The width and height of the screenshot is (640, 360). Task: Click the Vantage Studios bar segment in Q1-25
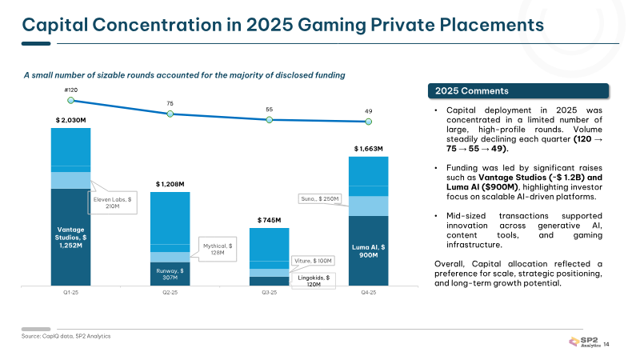click(x=70, y=237)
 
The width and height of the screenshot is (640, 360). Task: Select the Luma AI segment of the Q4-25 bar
click(x=368, y=250)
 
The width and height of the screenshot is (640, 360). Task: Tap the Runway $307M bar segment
click(x=170, y=274)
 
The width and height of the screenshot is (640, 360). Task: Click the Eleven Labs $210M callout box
click(x=112, y=203)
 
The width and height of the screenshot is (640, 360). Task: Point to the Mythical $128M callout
click(x=218, y=250)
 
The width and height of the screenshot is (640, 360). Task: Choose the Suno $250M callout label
click(x=319, y=198)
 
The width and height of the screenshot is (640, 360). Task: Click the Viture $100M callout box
click(x=313, y=261)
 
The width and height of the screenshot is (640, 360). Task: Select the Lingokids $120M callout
click(x=314, y=281)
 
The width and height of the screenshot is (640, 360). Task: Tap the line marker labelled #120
click(x=70, y=101)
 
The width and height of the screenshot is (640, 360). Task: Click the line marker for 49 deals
click(x=369, y=122)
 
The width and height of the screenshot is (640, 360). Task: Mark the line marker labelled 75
click(x=170, y=114)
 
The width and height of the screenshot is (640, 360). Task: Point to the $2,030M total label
click(x=70, y=121)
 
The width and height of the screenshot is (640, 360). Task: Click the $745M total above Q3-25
click(x=269, y=221)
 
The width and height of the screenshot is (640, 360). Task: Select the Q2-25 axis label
click(x=170, y=293)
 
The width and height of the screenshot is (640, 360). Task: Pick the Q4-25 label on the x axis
click(x=369, y=293)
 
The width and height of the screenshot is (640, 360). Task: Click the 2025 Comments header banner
click(x=518, y=91)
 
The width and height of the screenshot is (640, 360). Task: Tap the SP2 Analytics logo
click(x=585, y=342)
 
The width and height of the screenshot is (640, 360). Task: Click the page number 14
click(x=606, y=345)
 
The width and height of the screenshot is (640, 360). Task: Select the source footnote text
click(x=66, y=336)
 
